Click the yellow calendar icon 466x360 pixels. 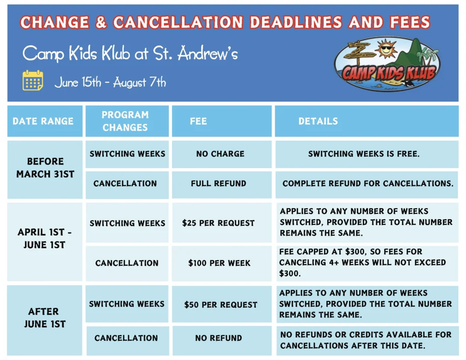point(33,81)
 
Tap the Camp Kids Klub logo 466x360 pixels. point(387,64)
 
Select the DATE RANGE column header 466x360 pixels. point(43,121)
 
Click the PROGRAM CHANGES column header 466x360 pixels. point(126,121)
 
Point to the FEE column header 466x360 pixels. point(198,121)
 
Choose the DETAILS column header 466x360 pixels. point(318,121)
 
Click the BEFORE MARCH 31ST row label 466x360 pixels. point(45,167)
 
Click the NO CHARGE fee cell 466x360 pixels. point(220,154)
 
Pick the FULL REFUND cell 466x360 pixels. point(219,183)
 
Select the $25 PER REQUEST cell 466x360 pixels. point(218,223)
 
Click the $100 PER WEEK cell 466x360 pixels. point(219,263)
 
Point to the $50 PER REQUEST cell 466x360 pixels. point(221,304)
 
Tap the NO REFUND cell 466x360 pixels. point(218,338)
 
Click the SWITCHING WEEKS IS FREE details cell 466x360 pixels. point(364,154)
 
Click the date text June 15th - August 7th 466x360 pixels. point(110,83)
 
